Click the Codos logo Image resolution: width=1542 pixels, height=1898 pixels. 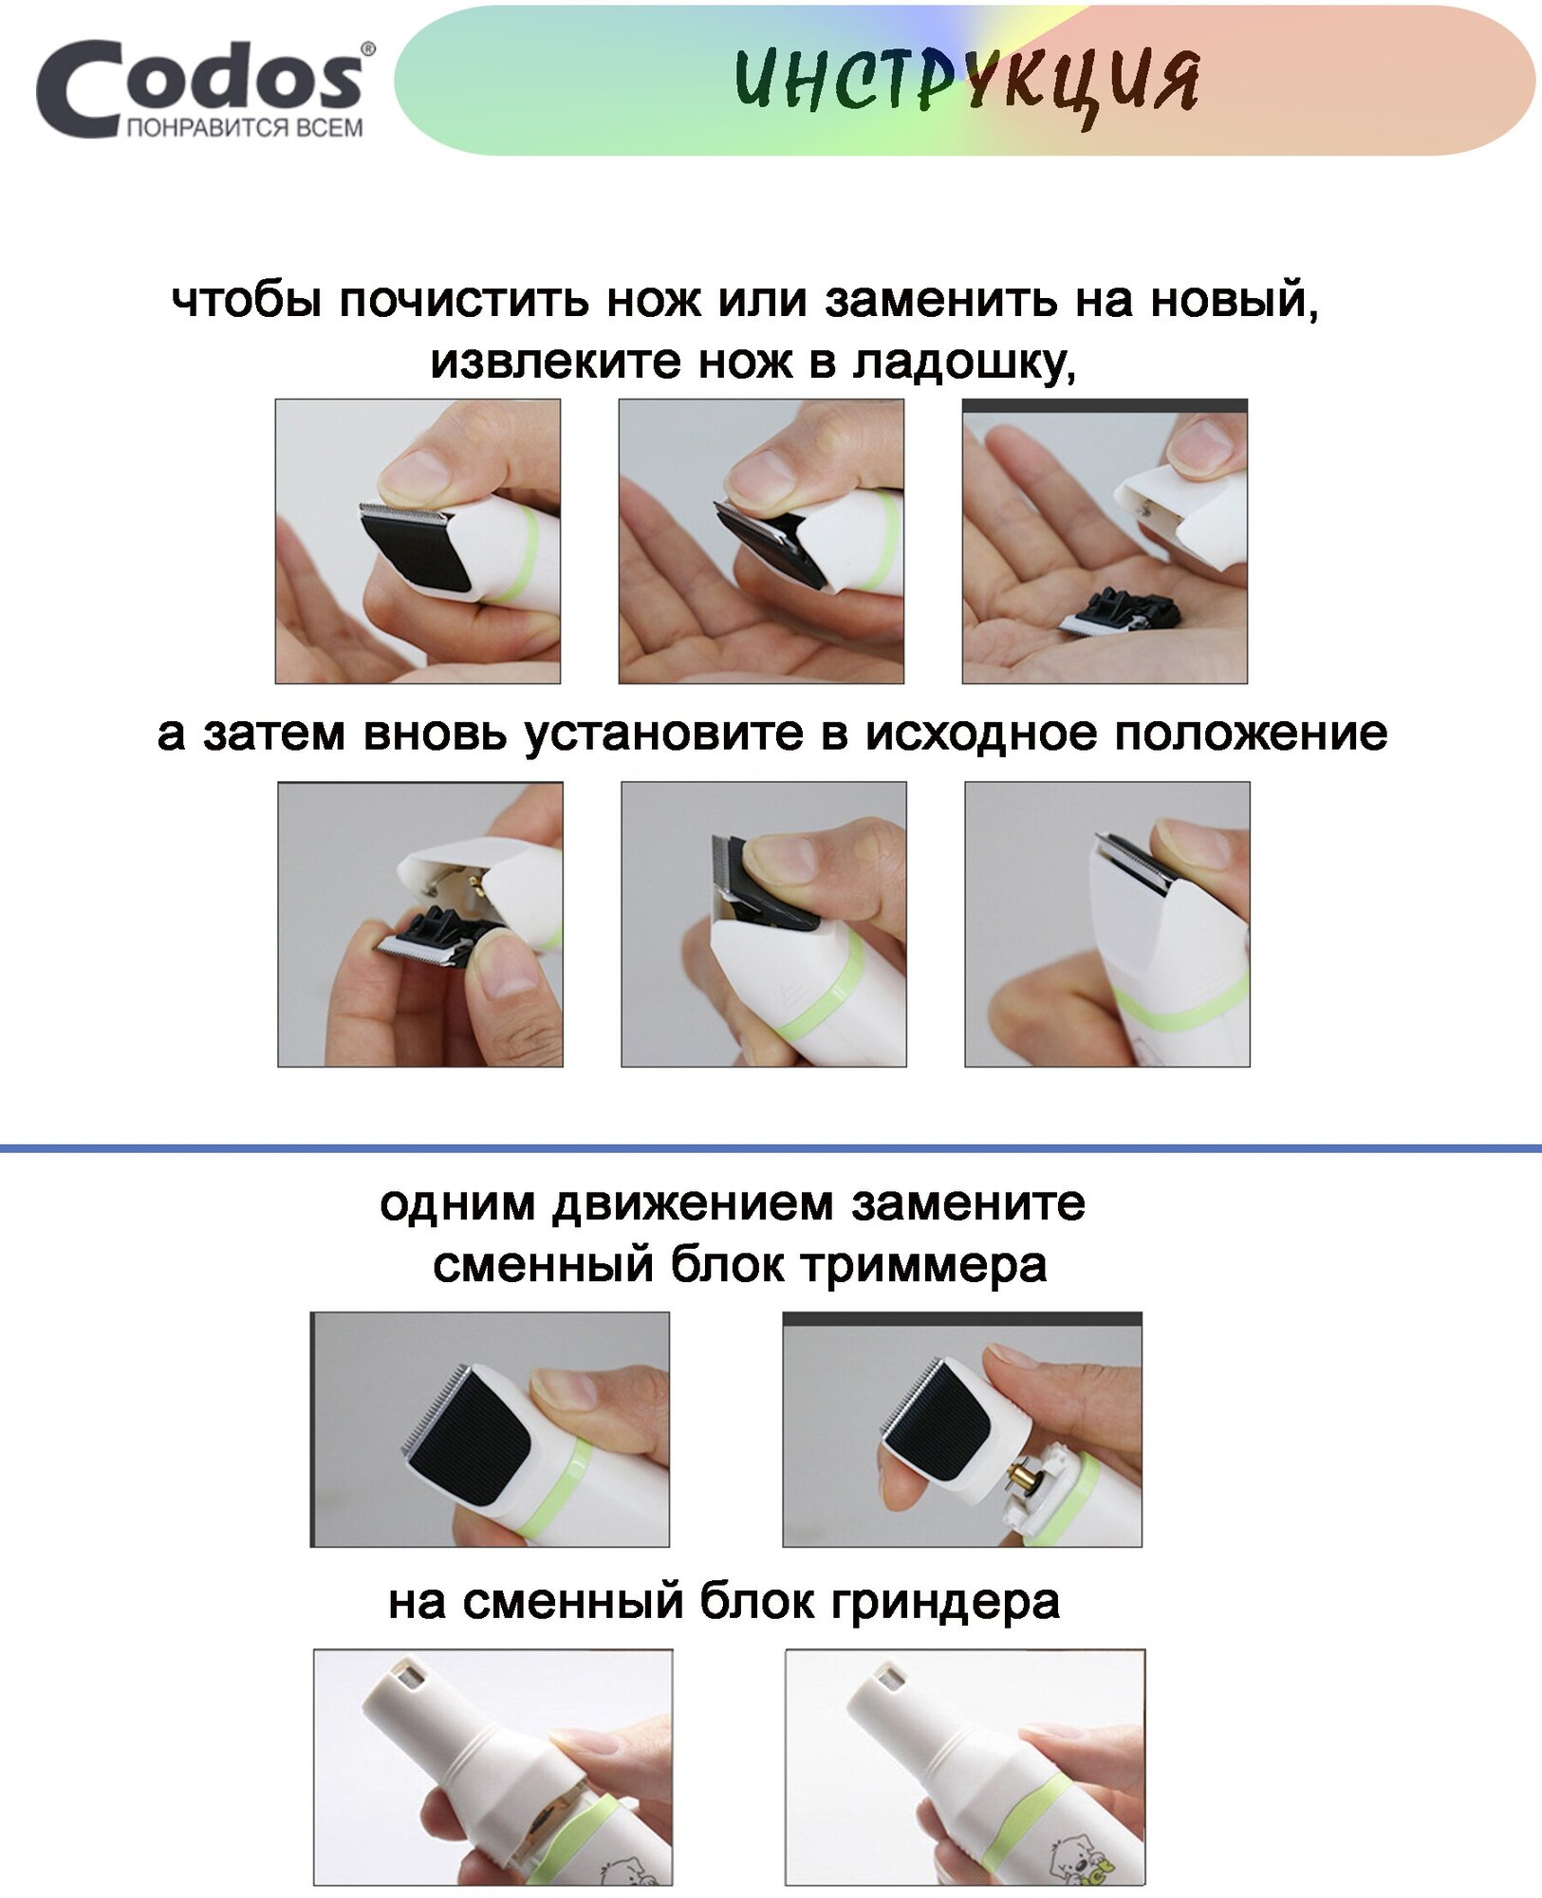tap(205, 88)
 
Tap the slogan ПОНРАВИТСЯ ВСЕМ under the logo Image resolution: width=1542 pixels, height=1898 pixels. tap(245, 128)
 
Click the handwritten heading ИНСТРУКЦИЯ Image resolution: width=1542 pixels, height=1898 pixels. tap(967, 82)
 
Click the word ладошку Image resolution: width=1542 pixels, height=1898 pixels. tap(964, 363)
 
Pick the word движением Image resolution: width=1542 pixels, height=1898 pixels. tap(693, 1204)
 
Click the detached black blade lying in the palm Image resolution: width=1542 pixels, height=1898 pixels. tap(1121, 610)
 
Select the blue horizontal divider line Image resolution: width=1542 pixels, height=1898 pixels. tap(771, 1148)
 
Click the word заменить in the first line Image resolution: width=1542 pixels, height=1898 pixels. tap(940, 301)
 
